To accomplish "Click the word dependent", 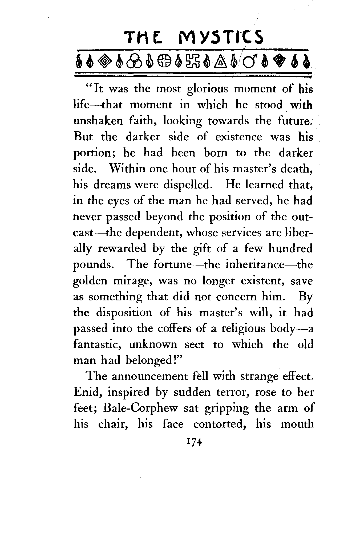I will click(153, 233).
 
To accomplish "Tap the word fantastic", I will click(98, 345).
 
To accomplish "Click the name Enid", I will click(85, 392).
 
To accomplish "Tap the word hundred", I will click(290, 249).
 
